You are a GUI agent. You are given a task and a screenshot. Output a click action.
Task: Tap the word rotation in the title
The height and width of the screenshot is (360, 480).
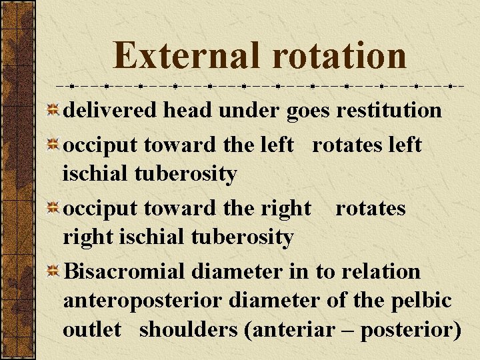[338, 55]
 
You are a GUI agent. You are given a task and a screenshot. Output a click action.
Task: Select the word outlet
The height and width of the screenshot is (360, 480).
[92, 329]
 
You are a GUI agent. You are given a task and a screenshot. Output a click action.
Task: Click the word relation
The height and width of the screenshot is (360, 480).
[381, 272]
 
